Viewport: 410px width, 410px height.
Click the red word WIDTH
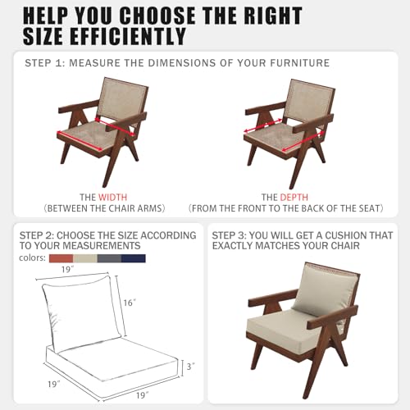click(x=112, y=197)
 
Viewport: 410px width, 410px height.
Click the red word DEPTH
click(x=294, y=197)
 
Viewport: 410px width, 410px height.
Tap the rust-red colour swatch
click(x=61, y=258)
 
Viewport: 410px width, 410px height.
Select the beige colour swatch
click(x=85, y=258)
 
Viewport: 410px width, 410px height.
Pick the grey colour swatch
click(x=109, y=258)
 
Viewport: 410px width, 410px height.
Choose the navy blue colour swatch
click(x=134, y=258)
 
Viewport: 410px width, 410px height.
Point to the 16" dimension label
click(x=130, y=303)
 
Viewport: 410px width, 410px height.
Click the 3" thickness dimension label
click(x=190, y=367)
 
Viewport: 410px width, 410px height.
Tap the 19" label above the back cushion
click(x=67, y=270)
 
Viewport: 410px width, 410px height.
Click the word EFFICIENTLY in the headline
click(x=128, y=36)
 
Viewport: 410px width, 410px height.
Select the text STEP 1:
click(x=45, y=63)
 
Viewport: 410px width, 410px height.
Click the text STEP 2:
click(x=37, y=235)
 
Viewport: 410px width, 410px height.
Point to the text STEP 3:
click(x=229, y=235)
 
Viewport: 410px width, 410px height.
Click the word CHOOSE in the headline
click(x=157, y=16)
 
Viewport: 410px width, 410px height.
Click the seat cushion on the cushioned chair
click(x=287, y=326)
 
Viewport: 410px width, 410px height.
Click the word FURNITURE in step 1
click(x=300, y=63)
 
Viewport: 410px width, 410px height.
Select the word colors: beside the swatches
click(x=32, y=257)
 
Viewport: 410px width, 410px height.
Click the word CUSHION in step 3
click(x=345, y=235)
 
